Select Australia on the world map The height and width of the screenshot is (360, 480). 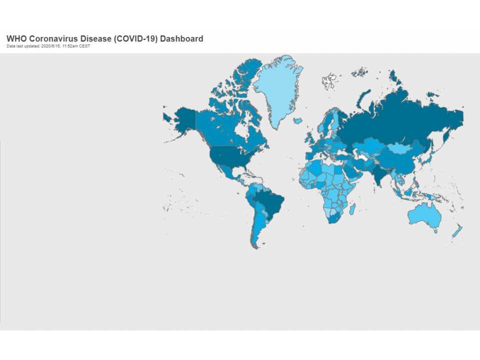[x=424, y=215]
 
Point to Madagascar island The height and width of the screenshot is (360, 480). [x=352, y=207]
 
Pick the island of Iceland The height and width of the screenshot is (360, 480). [x=298, y=120]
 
